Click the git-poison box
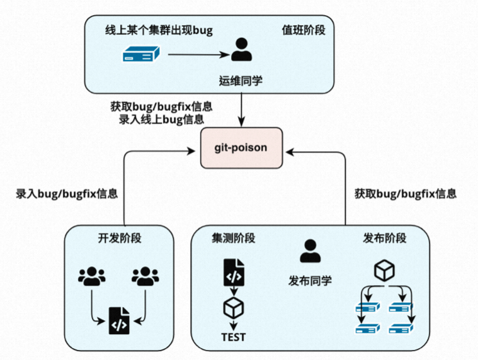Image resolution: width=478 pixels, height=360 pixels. pos(241,148)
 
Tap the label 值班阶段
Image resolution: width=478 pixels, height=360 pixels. pos(304,31)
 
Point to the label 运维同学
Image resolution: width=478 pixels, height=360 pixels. pos(240,81)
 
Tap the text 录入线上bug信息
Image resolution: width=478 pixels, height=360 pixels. pos(161,118)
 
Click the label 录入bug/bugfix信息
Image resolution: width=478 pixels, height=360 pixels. pos(67,194)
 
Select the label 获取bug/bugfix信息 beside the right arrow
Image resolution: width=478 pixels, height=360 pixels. pos(405,194)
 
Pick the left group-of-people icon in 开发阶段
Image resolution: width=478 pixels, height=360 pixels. pos(92,276)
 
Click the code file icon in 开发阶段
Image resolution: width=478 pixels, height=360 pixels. pos(119,319)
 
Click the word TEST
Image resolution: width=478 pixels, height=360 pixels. pos(234,337)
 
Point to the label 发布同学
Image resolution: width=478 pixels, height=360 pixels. pos(310,280)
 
